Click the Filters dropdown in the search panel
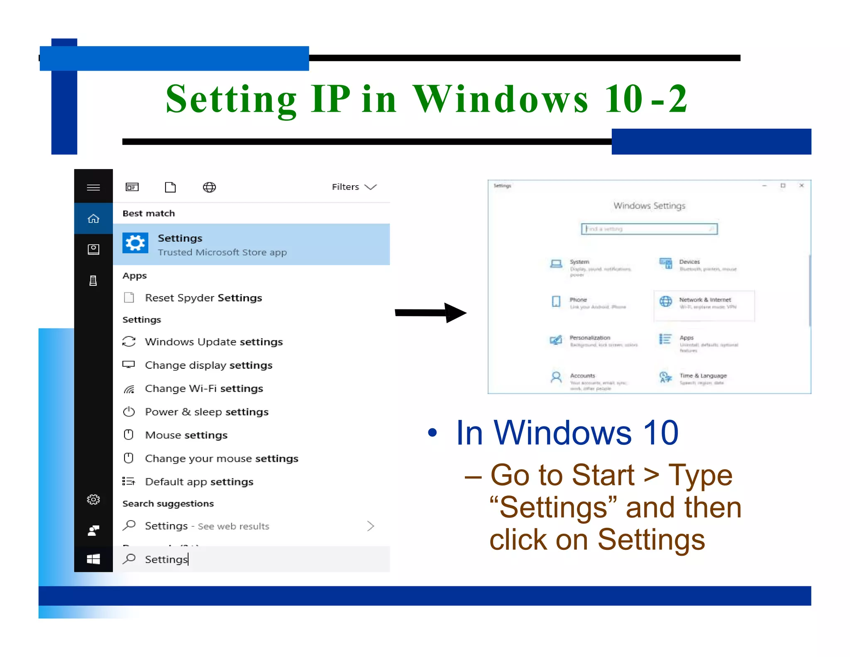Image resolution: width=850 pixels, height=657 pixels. point(354,187)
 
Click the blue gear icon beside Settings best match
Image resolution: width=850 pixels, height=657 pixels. point(135,243)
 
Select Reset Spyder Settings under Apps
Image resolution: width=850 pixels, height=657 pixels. point(203,298)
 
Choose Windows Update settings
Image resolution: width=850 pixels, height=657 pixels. point(213,342)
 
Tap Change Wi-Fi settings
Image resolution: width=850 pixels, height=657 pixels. point(203,389)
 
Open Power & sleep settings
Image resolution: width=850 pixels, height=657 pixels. point(206,412)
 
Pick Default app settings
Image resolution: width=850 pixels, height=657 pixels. point(199,482)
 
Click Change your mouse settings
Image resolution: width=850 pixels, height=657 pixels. point(221,458)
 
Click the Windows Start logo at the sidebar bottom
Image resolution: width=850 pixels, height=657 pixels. point(93,559)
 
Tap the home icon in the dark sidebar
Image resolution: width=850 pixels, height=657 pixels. point(93,218)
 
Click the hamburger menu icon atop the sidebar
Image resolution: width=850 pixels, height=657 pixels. point(93,187)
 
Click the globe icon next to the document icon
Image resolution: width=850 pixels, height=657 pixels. point(209,187)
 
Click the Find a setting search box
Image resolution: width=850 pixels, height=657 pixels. point(649,229)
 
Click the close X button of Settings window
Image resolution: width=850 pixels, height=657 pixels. point(801,186)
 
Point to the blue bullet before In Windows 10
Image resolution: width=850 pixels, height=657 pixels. point(432,433)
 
